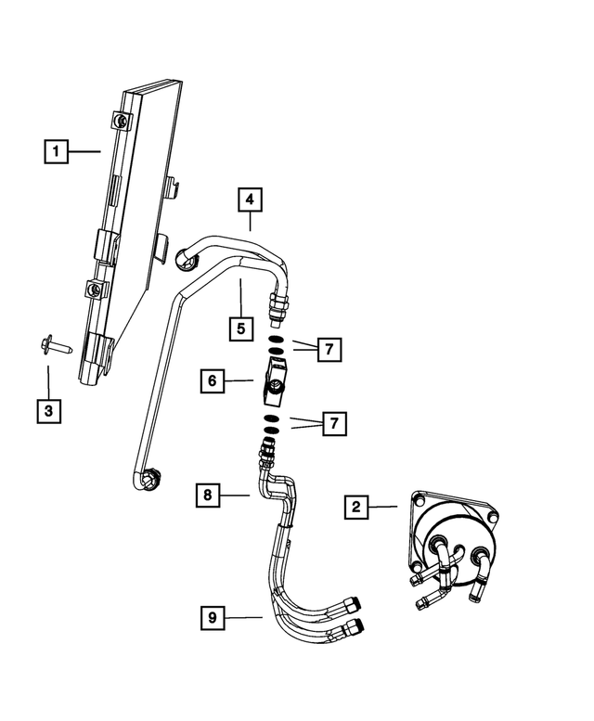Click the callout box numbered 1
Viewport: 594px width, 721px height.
point(56,150)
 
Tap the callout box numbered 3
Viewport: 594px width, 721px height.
point(49,409)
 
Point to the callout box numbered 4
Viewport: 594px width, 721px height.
point(249,199)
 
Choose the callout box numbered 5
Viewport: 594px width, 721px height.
point(241,328)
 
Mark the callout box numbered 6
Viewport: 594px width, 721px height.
point(212,380)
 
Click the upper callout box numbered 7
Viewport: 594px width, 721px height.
point(328,350)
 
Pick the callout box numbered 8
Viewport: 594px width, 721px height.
point(209,496)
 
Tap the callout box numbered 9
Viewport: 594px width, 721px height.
point(213,615)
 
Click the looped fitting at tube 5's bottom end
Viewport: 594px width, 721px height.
point(150,480)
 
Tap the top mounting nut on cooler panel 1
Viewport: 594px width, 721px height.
point(123,120)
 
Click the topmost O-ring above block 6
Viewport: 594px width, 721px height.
point(276,341)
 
